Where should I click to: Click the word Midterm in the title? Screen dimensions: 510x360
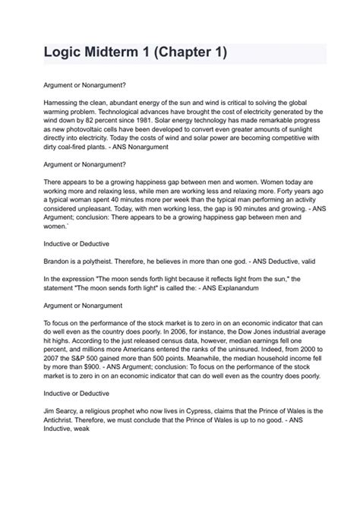coord(109,54)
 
